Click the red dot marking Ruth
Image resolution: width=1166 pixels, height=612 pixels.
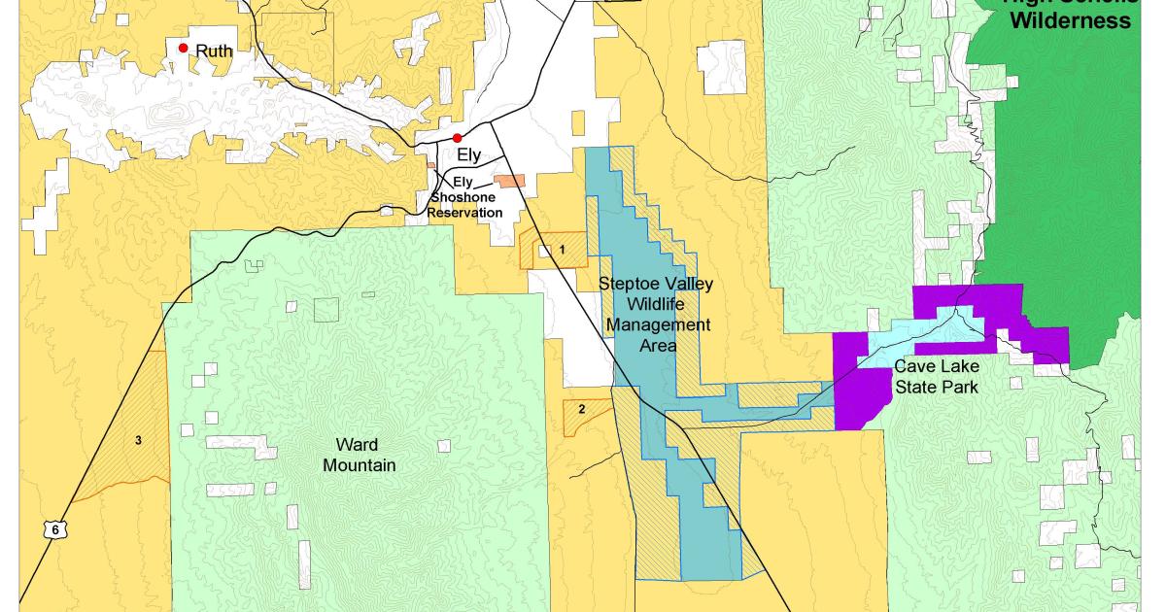(x=183, y=48)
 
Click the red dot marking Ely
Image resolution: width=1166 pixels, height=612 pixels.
(x=457, y=138)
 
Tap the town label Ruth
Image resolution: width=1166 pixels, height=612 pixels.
(x=215, y=51)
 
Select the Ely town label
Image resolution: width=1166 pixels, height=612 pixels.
(x=469, y=154)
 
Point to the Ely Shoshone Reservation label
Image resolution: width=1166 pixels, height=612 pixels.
(x=465, y=197)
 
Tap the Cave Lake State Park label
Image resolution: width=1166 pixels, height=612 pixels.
(x=936, y=376)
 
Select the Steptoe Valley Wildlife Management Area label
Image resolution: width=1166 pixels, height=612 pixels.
(x=656, y=313)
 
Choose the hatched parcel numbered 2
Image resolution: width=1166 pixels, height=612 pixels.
(x=581, y=408)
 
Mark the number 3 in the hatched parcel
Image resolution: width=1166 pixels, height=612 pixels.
(x=138, y=440)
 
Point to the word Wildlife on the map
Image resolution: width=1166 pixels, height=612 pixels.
(x=656, y=303)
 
